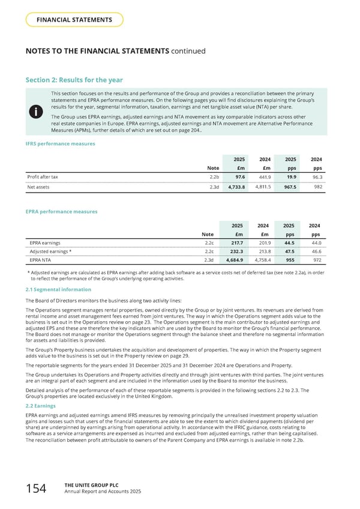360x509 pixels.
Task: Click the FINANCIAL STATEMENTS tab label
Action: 75,20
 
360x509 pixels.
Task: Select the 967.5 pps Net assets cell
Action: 289,187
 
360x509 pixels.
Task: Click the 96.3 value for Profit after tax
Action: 316,177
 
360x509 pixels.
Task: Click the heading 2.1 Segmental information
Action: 58,289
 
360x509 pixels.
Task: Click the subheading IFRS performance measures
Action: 59,144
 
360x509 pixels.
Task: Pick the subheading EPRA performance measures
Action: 61,211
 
